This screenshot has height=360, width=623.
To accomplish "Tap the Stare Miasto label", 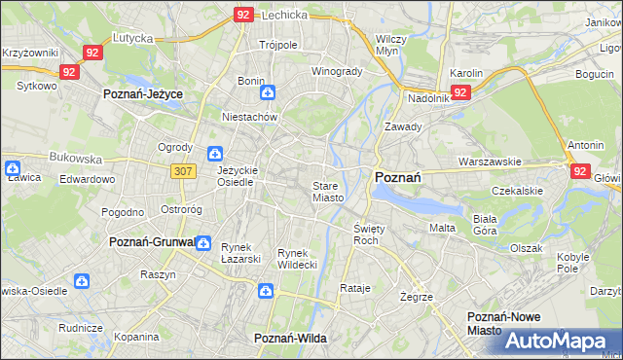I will point(327,192).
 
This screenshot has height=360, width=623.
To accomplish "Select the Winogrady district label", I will point(337,71).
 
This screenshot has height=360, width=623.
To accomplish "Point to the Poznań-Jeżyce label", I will point(144,93).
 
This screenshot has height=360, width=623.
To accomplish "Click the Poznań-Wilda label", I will point(290,337).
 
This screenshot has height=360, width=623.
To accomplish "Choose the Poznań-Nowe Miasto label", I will point(498,324).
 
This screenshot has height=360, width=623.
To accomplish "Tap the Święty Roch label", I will point(366,234).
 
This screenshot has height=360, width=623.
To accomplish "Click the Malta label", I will point(443,228).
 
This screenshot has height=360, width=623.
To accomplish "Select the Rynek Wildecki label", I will point(298,259).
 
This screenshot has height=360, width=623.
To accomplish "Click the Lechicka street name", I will point(285,15).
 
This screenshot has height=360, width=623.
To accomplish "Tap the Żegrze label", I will point(416,296).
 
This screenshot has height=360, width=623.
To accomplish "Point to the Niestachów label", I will point(250,117).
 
